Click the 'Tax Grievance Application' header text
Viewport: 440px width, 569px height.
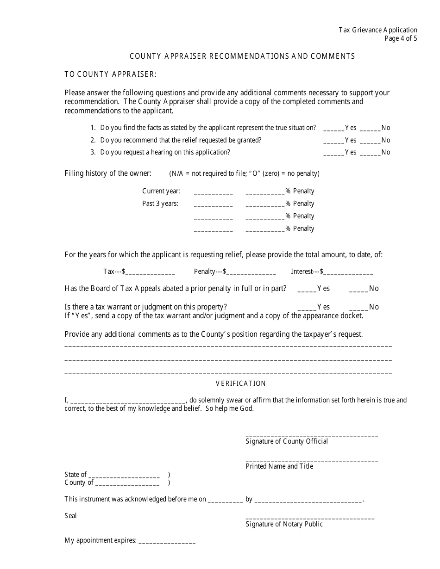[377, 30]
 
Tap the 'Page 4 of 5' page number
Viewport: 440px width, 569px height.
[401, 38]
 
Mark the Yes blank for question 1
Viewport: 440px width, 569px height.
[333, 128]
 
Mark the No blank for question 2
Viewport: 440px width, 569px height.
[370, 141]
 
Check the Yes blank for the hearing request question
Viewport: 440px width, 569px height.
[333, 153]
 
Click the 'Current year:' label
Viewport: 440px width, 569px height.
[161, 191]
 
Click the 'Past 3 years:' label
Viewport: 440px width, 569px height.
[160, 204]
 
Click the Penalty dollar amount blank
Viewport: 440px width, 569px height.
[251, 272]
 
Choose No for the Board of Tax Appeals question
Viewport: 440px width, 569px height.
[358, 289]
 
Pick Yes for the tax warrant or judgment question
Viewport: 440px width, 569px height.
[307, 308]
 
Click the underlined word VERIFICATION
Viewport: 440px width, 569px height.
[241, 383]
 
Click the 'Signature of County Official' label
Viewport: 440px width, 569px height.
[287, 441]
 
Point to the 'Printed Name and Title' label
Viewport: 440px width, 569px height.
[279, 466]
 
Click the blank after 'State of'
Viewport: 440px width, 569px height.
[124, 475]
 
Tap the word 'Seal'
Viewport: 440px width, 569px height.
[70, 516]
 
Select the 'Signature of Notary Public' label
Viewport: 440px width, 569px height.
[284, 524]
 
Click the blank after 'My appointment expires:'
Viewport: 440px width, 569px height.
[167, 541]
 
